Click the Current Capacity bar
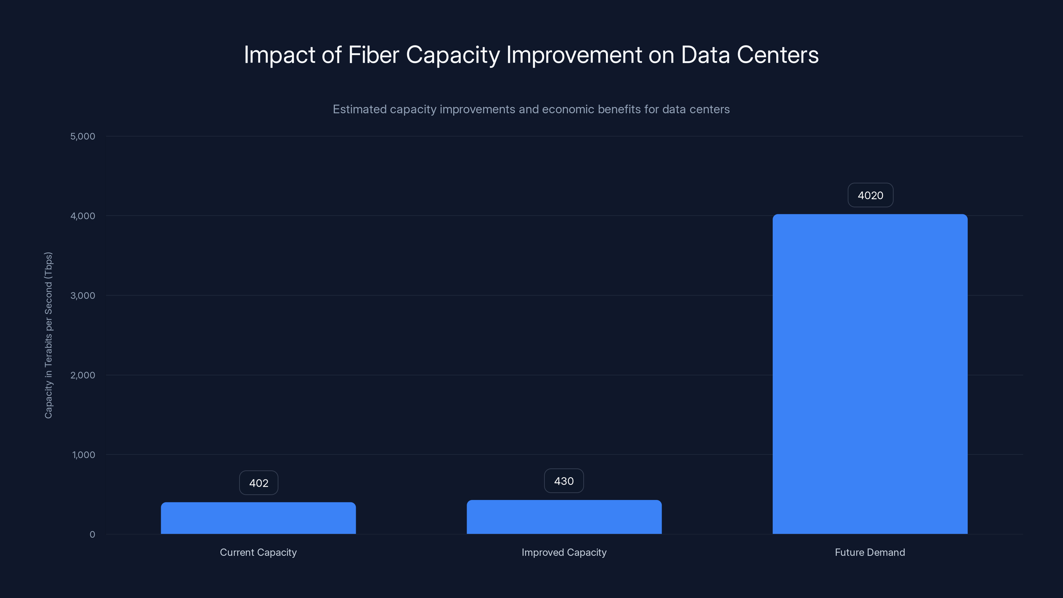[258, 518]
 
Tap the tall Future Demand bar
[870, 373]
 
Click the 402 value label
[259, 483]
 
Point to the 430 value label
[564, 481]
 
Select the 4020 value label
[870, 195]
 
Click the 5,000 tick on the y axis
[82, 136]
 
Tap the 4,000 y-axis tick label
[82, 216]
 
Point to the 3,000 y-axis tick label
[82, 295]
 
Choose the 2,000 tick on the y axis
[82, 375]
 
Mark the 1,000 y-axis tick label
[83, 455]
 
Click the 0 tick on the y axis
[92, 535]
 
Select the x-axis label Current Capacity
[258, 552]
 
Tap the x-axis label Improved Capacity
[564, 552]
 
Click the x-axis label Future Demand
[870, 552]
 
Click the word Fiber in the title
[373, 55]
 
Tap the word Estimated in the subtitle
[359, 109]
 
